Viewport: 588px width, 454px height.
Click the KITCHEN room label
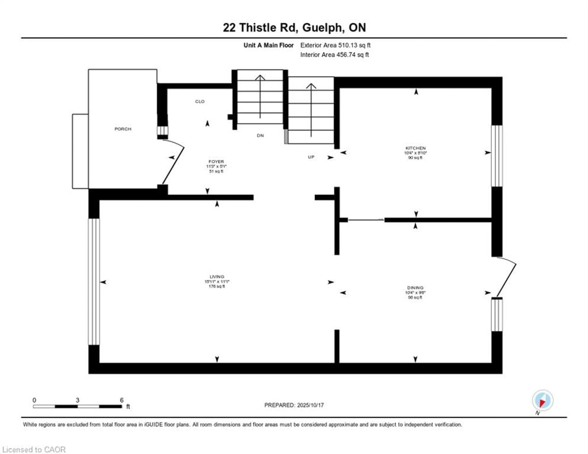(x=415, y=148)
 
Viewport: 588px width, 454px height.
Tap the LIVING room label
(x=217, y=277)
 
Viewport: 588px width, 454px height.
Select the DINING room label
(x=415, y=288)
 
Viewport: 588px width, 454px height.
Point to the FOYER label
(x=216, y=161)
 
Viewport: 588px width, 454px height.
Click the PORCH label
(x=123, y=129)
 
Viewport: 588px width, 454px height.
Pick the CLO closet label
(x=200, y=101)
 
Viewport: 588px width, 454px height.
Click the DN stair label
(x=260, y=136)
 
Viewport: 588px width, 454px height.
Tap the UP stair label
(x=311, y=157)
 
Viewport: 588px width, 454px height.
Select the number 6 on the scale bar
(x=122, y=400)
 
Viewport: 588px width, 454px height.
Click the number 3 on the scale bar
(x=77, y=400)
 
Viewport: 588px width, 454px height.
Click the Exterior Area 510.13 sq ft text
(x=335, y=45)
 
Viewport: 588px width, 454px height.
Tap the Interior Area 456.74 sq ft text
(x=334, y=55)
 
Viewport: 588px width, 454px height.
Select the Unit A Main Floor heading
(x=268, y=45)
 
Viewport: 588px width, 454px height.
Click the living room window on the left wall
(x=94, y=282)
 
